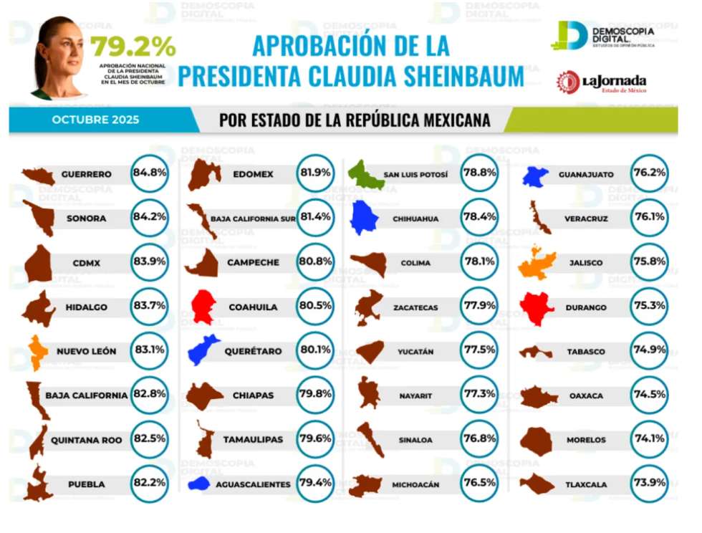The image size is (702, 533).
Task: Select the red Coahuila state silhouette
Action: (x=203, y=307)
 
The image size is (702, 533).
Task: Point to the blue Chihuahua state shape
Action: (x=366, y=218)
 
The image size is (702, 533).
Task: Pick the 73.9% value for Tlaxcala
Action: (x=648, y=484)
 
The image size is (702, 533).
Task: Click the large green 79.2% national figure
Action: (x=133, y=47)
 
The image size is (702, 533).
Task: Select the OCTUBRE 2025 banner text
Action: (x=96, y=120)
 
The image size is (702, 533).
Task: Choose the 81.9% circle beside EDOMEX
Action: (x=315, y=173)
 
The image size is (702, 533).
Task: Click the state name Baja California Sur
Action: (x=252, y=219)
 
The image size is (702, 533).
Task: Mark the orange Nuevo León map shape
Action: (x=38, y=351)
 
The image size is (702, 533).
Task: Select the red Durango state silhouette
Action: (x=537, y=307)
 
